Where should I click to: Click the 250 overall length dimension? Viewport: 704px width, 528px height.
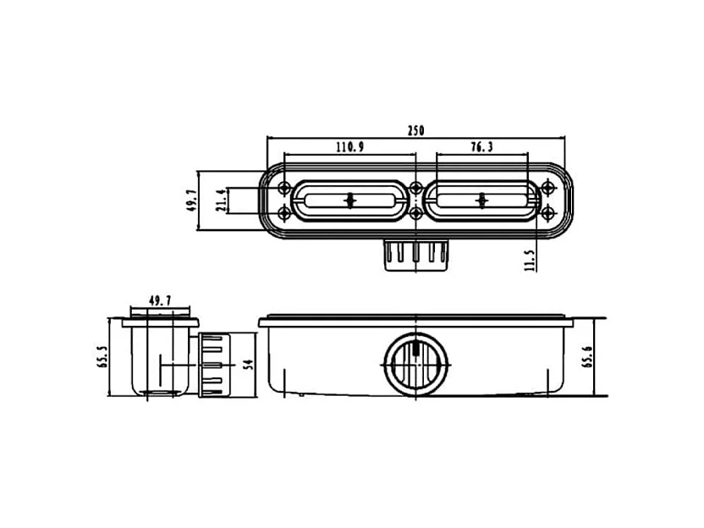(415, 130)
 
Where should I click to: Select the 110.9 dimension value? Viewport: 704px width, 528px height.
(350, 147)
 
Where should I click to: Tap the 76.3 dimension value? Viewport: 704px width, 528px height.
(481, 147)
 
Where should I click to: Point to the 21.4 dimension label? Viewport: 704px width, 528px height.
(220, 201)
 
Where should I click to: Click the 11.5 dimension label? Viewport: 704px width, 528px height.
(531, 261)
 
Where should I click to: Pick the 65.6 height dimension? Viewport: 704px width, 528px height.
(587, 357)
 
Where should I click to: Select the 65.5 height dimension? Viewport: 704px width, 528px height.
(102, 357)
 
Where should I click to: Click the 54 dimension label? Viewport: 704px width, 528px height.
(248, 364)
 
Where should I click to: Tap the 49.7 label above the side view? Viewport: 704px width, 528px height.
(160, 301)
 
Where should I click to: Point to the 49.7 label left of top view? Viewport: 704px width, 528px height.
(192, 201)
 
